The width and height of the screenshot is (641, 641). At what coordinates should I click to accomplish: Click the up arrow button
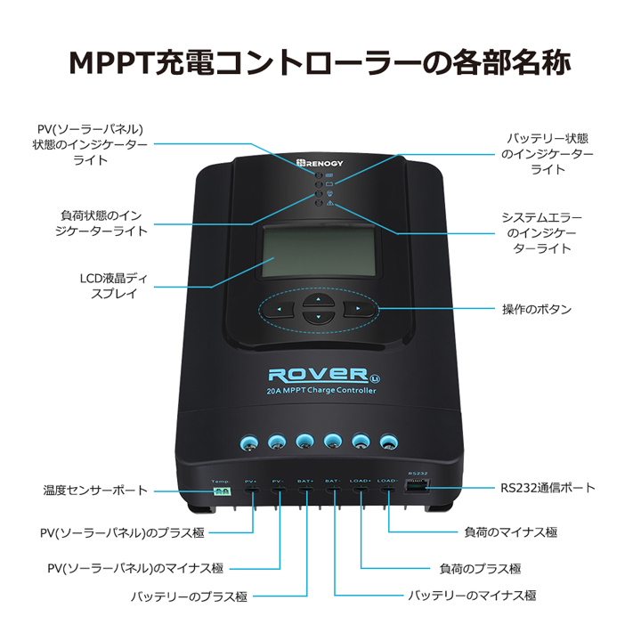tap(313, 301)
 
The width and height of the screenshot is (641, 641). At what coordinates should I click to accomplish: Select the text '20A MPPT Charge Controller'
tap(321, 391)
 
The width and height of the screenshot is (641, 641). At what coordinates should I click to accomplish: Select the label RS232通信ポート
tap(548, 488)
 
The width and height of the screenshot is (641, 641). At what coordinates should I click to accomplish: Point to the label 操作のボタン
tap(537, 310)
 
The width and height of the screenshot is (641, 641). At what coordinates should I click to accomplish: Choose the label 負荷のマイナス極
tap(511, 532)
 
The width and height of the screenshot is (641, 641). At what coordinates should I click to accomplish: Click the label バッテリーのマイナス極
tap(472, 596)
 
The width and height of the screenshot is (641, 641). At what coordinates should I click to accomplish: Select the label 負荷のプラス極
tap(481, 568)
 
